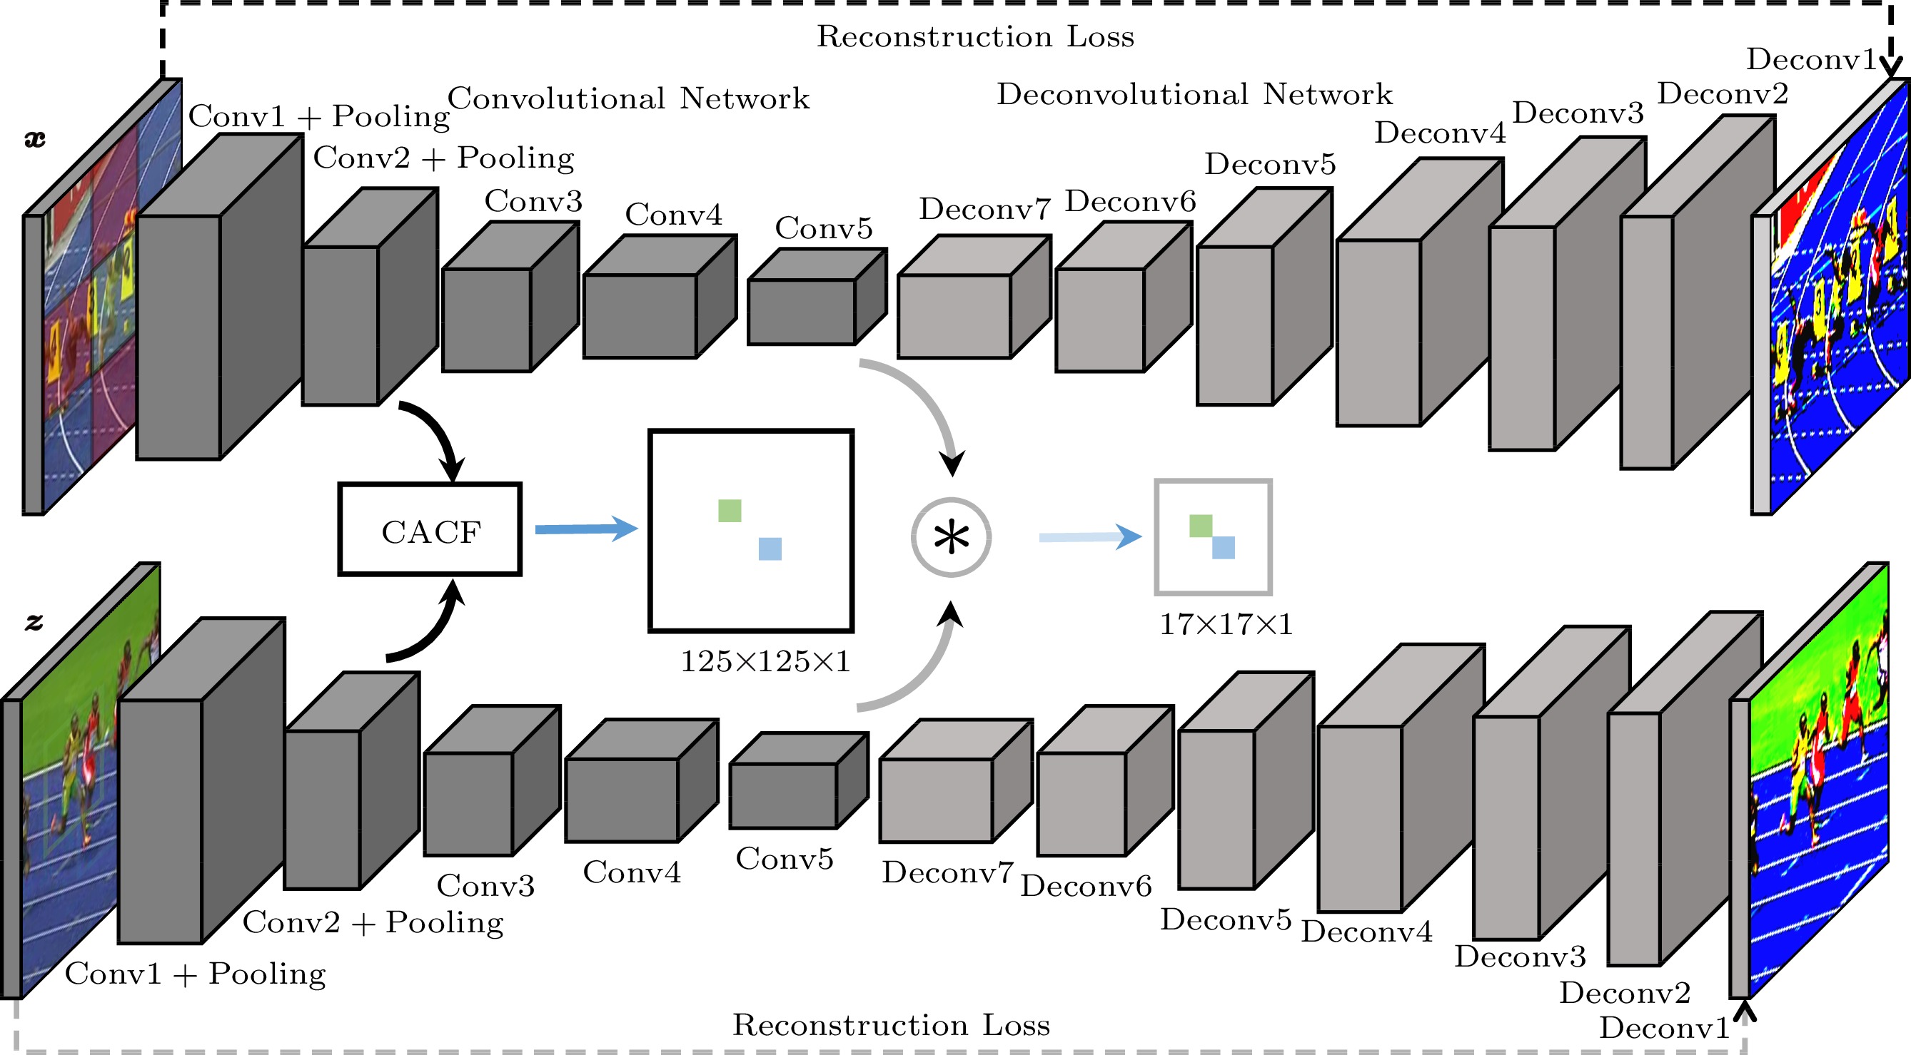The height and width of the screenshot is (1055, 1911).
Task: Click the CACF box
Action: [430, 529]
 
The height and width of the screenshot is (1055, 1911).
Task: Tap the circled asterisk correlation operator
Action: [951, 536]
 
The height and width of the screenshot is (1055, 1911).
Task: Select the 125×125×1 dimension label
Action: [765, 661]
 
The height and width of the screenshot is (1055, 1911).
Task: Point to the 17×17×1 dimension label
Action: [1226, 624]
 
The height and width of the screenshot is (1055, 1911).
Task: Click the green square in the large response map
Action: [730, 510]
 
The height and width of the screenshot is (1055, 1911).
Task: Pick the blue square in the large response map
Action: [770, 549]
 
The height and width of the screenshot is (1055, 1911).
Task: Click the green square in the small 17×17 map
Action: [1200, 526]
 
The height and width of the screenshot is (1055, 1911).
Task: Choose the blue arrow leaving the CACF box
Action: [586, 529]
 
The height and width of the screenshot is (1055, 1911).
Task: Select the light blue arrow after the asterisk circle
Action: [1090, 536]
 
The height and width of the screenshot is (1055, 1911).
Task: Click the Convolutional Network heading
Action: [628, 98]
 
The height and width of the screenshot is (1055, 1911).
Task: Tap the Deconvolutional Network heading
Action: [1194, 94]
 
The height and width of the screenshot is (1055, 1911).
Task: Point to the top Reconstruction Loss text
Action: [976, 36]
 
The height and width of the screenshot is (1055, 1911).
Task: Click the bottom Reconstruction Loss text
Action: [891, 1024]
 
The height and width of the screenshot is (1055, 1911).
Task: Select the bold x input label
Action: [35, 138]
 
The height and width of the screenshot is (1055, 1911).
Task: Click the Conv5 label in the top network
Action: [824, 228]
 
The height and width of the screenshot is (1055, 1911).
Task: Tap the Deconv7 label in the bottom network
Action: [947, 872]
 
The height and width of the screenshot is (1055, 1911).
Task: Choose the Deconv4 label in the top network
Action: [1440, 133]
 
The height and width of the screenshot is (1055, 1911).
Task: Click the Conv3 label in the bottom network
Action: [485, 885]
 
